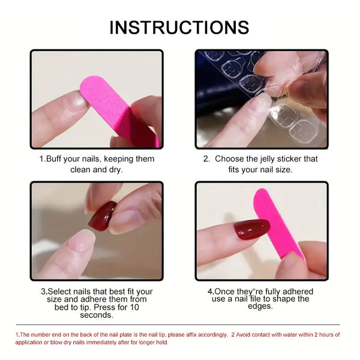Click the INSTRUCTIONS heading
click(179, 27)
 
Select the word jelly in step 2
click(272, 159)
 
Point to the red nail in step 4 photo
click(252, 229)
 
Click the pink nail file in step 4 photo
click(277, 222)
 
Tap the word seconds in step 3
click(96, 315)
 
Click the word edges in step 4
click(261, 306)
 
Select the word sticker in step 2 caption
click(300, 159)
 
